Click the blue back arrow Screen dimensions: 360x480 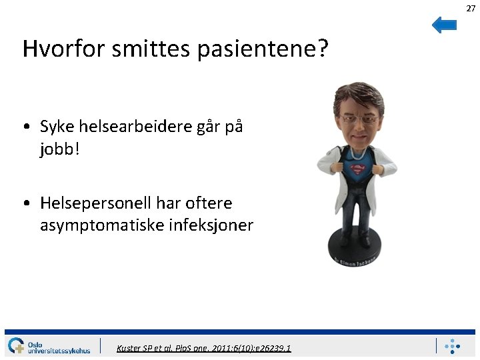point(444,25)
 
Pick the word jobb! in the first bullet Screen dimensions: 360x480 point(59,149)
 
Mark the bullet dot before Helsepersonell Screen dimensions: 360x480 point(25,203)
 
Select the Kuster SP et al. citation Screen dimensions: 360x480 point(203,348)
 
